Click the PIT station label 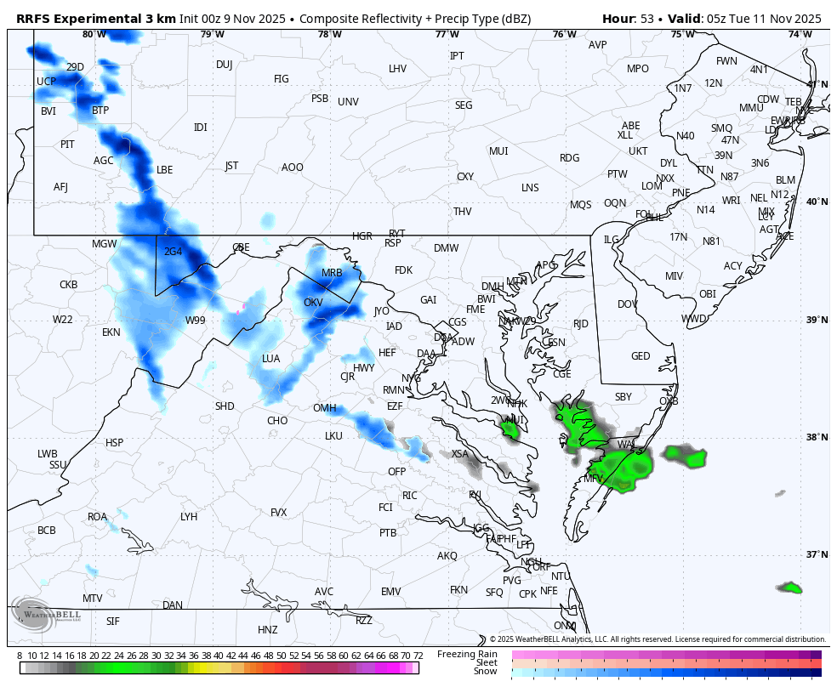[x=67, y=145]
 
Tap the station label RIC [x=409, y=496]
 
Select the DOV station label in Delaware [x=627, y=304]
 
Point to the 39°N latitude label [x=817, y=320]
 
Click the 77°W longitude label [x=447, y=34]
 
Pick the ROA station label [x=98, y=517]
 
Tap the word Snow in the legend [x=486, y=672]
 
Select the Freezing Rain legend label [x=467, y=654]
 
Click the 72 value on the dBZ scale [x=418, y=656]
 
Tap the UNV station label [x=348, y=102]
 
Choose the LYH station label [x=189, y=517]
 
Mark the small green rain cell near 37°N [x=790, y=588]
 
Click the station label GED [x=641, y=356]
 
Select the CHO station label [x=277, y=421]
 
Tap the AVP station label [x=598, y=45]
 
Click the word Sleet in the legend [x=487, y=662]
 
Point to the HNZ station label [x=268, y=630]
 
